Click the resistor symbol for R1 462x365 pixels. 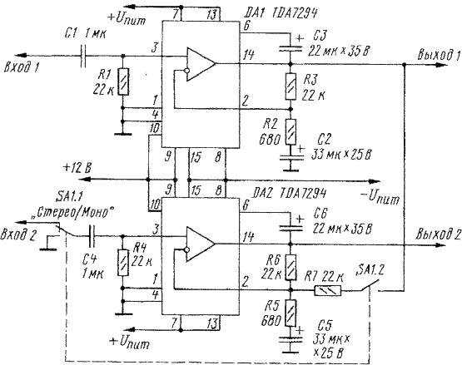(123, 81)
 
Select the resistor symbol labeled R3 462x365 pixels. (291, 86)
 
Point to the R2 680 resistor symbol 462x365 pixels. (291, 132)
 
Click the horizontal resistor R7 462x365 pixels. (328, 290)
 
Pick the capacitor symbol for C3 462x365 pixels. (291, 47)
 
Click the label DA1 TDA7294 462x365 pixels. (281, 13)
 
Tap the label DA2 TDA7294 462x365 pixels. (290, 194)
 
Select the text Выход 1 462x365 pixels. (439, 55)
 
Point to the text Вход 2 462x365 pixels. (18, 235)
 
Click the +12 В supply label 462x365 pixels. (77, 169)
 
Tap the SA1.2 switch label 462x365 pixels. (370, 269)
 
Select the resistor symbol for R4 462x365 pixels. (123, 263)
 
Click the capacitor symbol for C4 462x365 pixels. (92, 236)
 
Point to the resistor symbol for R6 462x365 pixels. (291, 267)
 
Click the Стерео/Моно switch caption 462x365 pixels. (73, 213)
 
